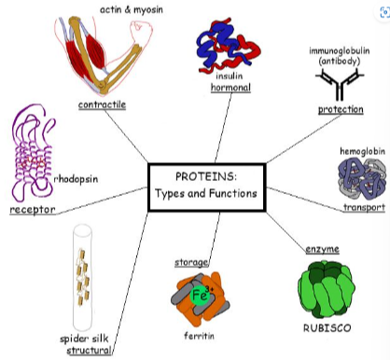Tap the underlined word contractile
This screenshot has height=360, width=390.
[103, 104]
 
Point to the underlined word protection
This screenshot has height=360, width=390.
[341, 109]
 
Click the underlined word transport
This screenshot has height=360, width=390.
[363, 207]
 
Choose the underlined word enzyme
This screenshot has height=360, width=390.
[323, 249]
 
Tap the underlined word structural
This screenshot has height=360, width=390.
[90, 351]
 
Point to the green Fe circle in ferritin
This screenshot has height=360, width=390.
[198, 296]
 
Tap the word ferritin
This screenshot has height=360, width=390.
[197, 334]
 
